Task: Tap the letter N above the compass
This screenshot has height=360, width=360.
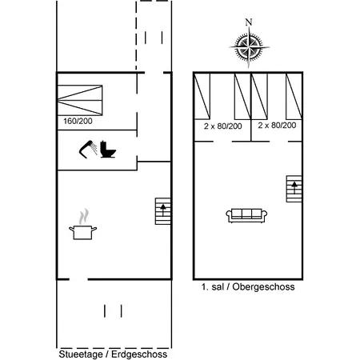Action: pos(249,22)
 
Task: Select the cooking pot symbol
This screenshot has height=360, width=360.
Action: pos(83,231)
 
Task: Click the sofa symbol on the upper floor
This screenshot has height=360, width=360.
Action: pos(247,215)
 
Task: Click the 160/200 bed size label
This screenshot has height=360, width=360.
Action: pos(77,122)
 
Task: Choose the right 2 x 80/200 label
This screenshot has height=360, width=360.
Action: pos(278,126)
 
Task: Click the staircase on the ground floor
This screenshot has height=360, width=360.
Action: pos(164,212)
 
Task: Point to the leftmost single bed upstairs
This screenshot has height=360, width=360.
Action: pos(204,96)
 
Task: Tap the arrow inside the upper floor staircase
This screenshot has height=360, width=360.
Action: pos(294,186)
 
